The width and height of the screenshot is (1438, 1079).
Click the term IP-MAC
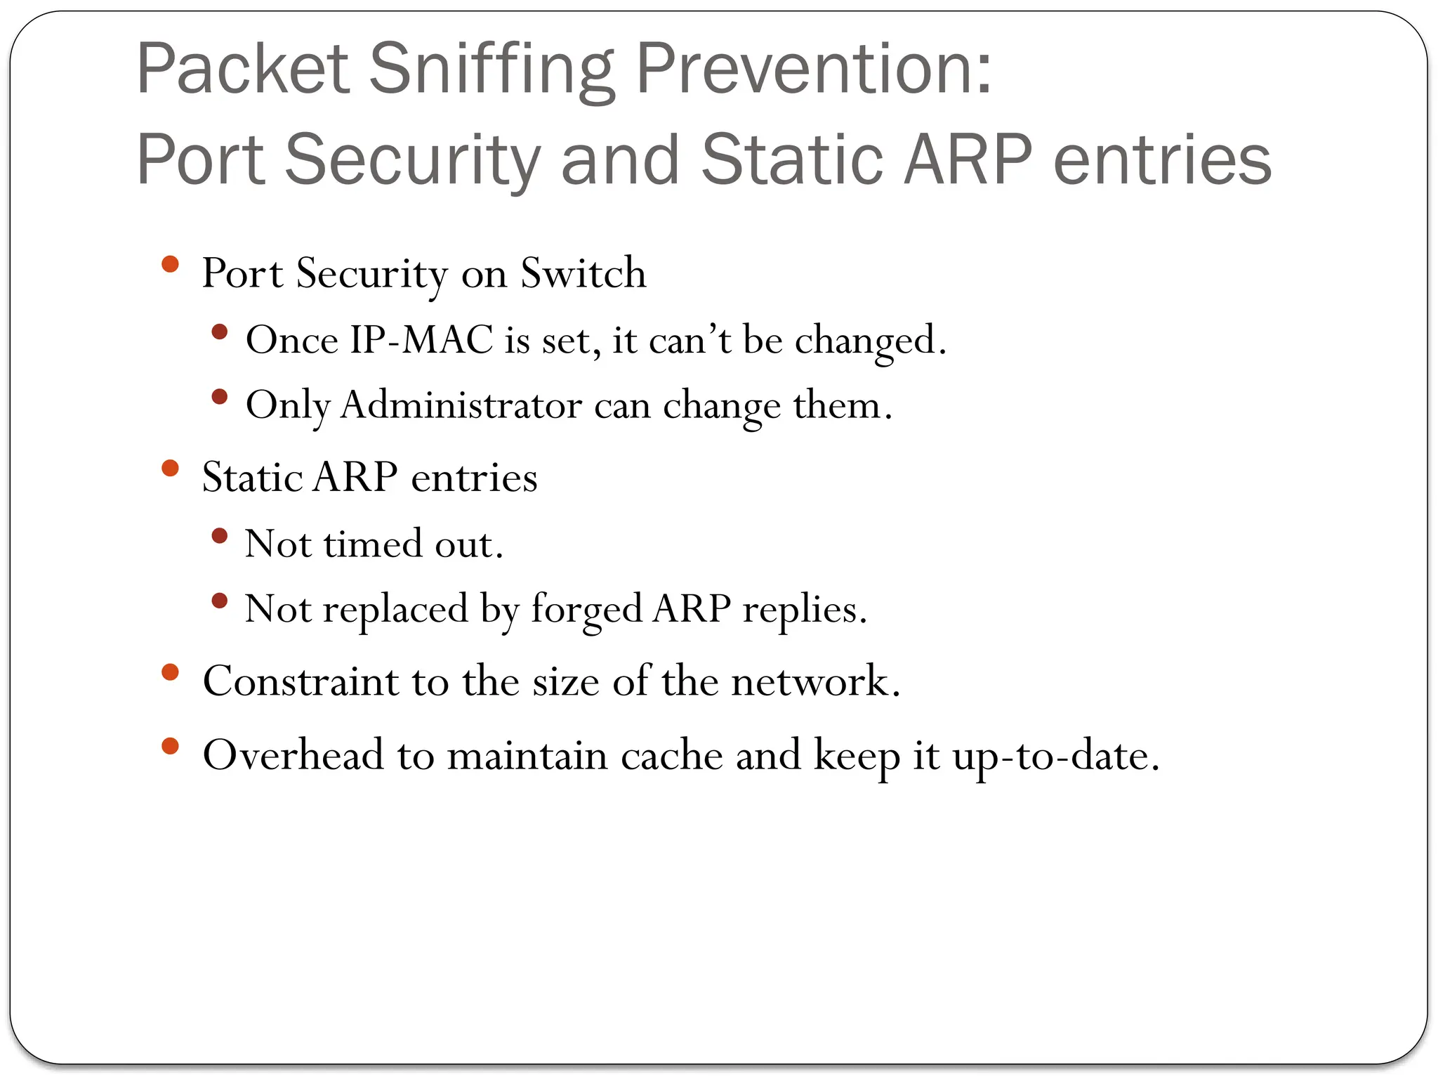[421, 340]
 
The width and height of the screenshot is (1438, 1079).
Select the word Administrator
[461, 405]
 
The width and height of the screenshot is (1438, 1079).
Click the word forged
[586, 610]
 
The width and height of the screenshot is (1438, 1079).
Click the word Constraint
[301, 681]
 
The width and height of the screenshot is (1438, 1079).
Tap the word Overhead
[293, 755]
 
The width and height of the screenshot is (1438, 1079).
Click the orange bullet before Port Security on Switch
[171, 264]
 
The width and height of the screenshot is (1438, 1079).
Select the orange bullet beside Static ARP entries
[171, 468]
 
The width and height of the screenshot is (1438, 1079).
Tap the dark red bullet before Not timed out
[220, 536]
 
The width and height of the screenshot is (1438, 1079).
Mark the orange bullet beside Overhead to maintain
[171, 746]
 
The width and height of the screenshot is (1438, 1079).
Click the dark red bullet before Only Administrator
[220, 397]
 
